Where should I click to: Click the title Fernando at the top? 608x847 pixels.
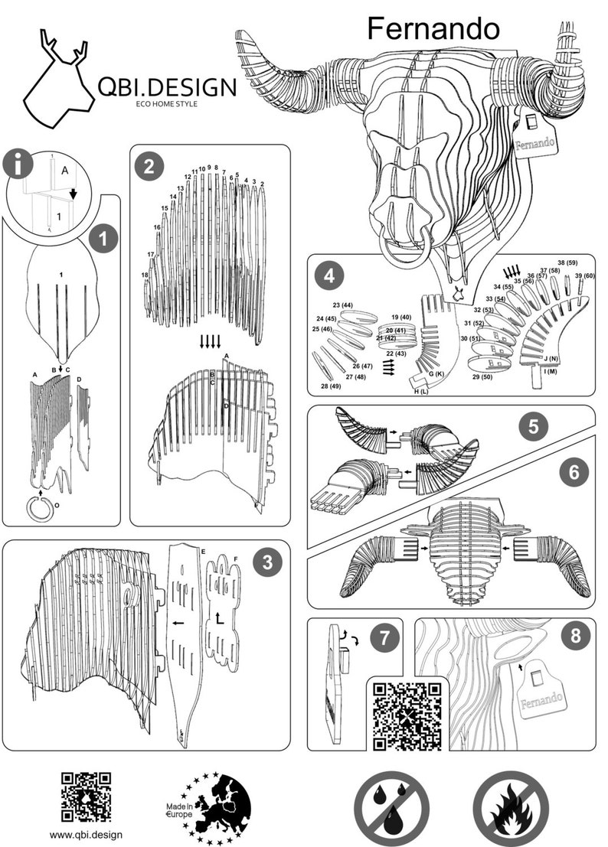coord(433,29)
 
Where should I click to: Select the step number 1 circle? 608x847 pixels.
coord(103,239)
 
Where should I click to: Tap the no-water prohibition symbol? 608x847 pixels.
coord(391,807)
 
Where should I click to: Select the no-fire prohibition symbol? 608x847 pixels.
coord(510,807)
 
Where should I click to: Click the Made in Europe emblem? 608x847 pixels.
coord(209,806)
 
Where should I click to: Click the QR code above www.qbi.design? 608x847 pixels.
coord(86,797)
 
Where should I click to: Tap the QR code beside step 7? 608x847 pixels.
coord(407,713)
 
